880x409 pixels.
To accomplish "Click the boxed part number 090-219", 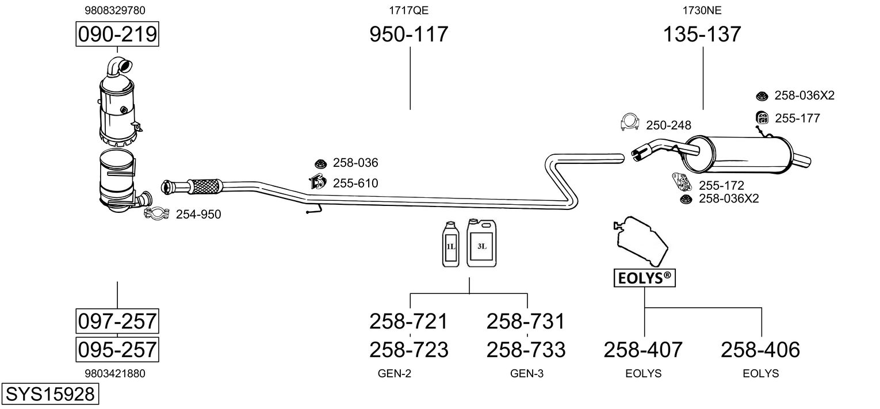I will click(117, 35).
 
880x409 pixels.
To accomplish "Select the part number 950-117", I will click(408, 35).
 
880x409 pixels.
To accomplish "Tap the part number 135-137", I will click(702, 35).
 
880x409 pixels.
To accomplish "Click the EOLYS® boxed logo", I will click(644, 278).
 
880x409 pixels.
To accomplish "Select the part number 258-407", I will click(643, 349).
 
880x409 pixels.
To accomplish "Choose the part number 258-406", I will click(760, 349).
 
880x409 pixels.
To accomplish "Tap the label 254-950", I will click(198, 215).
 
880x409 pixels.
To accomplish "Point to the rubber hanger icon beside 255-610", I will click(317, 182).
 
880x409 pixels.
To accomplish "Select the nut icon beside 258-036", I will click(321, 163).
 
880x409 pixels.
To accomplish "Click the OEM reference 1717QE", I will click(409, 10).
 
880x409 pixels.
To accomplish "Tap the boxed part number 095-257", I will click(117, 349).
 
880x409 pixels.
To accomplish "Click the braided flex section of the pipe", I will click(205, 186).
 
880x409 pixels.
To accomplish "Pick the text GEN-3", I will click(527, 373).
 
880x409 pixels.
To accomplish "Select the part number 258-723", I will click(408, 349).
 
